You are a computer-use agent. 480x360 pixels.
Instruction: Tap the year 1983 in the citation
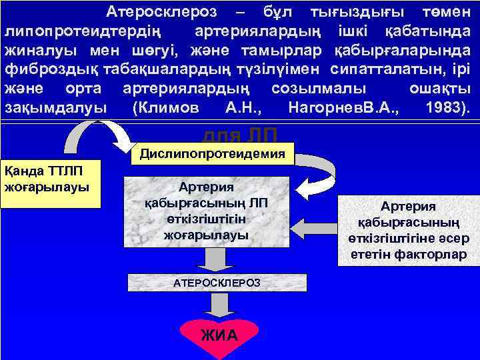point(444,108)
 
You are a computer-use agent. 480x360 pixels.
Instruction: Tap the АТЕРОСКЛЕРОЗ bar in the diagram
point(217,283)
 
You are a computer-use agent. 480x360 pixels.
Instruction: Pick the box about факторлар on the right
point(408,230)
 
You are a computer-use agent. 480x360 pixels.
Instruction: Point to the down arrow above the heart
point(217,306)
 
